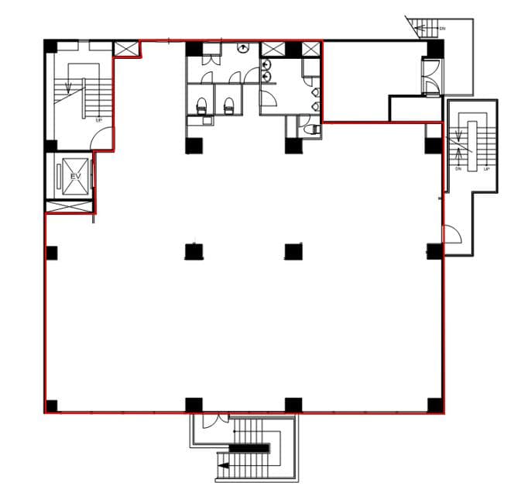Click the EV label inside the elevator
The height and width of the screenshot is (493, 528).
click(x=76, y=177)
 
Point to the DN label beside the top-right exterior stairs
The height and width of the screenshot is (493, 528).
click(x=442, y=28)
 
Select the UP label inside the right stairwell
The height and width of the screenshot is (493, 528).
click(x=485, y=168)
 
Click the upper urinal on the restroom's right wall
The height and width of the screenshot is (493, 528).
click(x=315, y=92)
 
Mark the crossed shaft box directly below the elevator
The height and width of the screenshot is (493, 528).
click(x=70, y=207)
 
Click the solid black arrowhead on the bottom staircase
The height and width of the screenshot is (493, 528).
click(x=223, y=466)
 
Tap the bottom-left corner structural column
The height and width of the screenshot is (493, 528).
click(x=52, y=405)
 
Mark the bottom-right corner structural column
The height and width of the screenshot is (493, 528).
click(x=434, y=405)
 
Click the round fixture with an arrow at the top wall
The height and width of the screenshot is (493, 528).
click(x=245, y=48)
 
